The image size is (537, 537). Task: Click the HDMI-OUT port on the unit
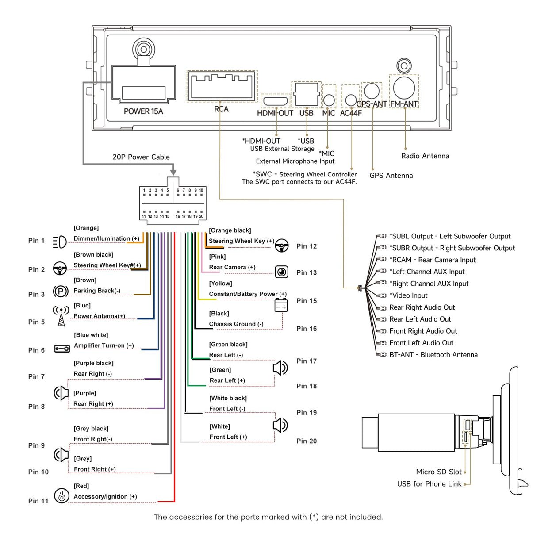[x=275, y=101]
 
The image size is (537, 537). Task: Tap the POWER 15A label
[x=143, y=111]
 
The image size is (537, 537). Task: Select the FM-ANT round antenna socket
[x=404, y=87]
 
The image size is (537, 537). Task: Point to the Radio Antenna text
[x=425, y=156]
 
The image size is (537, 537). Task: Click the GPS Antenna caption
[x=391, y=176]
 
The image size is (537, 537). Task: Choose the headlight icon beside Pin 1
[x=59, y=242]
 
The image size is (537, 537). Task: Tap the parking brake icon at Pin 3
[x=61, y=291]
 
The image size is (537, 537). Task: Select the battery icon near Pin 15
[x=281, y=306]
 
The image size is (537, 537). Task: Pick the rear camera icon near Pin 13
[x=281, y=272]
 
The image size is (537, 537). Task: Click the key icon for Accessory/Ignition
[x=61, y=495]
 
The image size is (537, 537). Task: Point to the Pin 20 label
[x=307, y=441]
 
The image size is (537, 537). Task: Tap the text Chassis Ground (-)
[x=236, y=324]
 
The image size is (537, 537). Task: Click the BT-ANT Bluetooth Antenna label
[x=433, y=355]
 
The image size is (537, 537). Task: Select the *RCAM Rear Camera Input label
[x=432, y=260]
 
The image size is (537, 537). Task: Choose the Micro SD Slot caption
[x=438, y=472]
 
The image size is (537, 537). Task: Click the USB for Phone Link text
[x=429, y=484]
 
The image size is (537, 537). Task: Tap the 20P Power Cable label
[x=141, y=157]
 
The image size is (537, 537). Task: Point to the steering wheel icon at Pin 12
[x=282, y=245]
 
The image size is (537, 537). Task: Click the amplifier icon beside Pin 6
[x=62, y=349]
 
